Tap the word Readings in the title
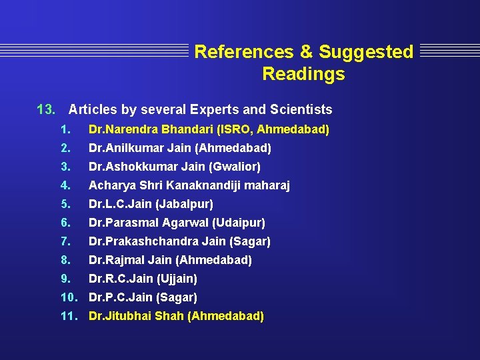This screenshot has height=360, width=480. tap(303, 74)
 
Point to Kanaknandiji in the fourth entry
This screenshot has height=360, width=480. tap(207, 185)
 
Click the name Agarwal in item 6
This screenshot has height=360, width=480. tap(186, 223)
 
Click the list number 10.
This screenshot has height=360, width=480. tap(69, 297)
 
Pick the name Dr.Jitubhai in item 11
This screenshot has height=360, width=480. tap(120, 316)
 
